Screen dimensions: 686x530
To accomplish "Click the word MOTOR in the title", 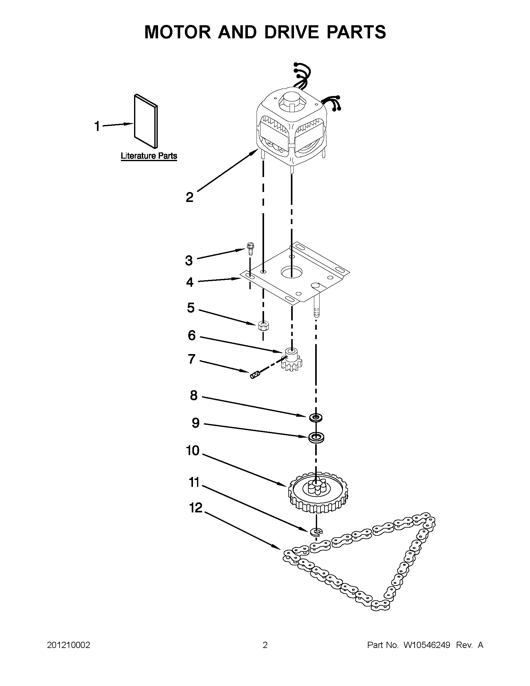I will (178, 32).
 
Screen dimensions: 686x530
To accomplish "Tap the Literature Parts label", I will (149, 156).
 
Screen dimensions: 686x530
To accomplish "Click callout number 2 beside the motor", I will (190, 197).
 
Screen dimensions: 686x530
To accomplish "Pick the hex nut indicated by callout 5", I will (263, 326).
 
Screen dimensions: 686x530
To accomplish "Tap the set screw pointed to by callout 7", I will (255, 374).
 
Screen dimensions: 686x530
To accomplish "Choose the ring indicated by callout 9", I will (316, 437).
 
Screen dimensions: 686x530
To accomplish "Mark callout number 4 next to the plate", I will (190, 282).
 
